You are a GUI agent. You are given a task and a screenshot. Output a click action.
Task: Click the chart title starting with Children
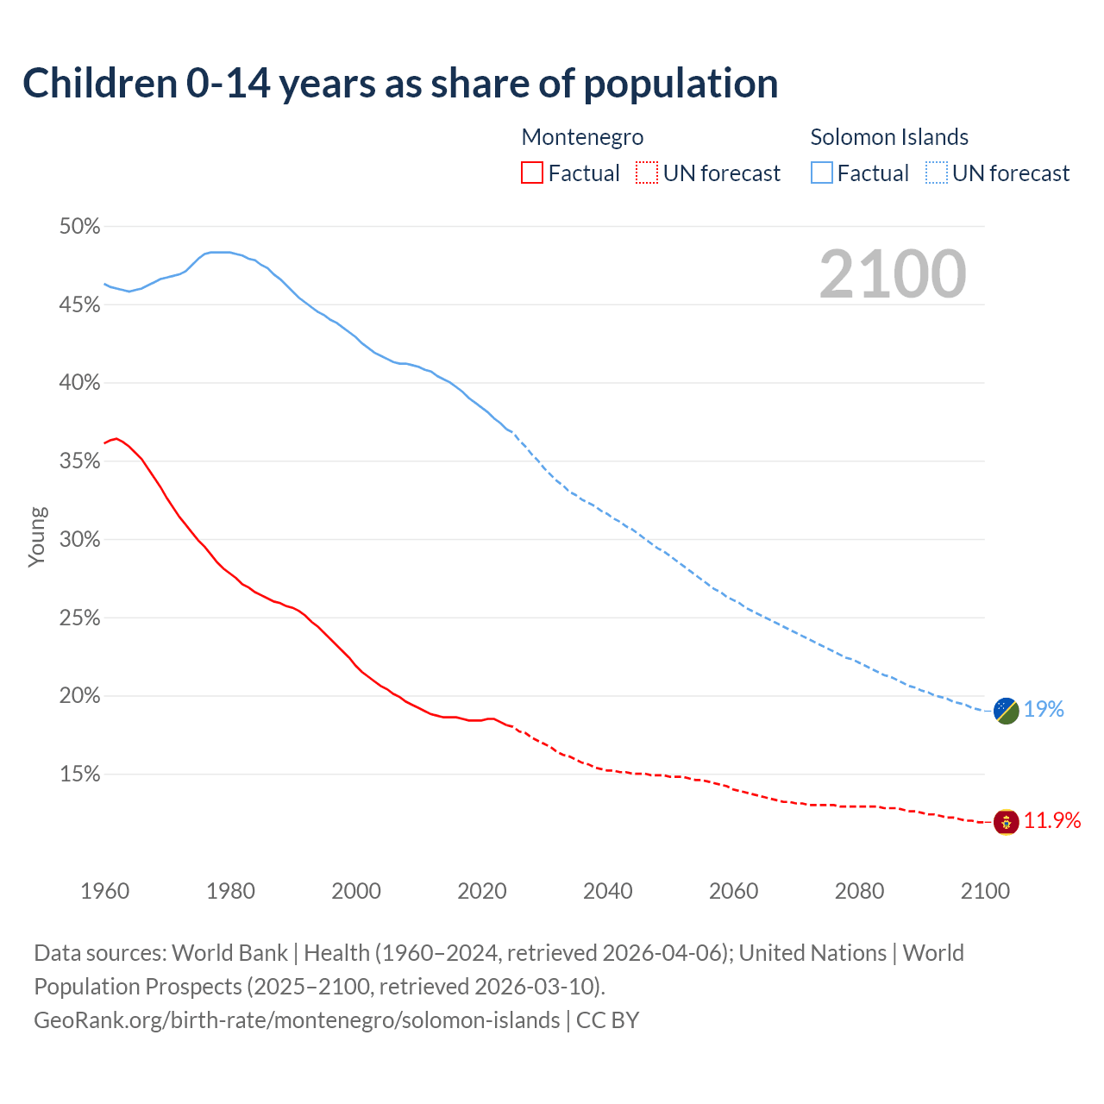point(400,84)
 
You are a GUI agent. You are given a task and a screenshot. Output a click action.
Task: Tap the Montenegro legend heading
point(582,137)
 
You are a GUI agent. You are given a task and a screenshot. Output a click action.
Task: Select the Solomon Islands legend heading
point(889,137)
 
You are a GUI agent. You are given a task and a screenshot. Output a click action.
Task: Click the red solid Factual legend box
point(532,173)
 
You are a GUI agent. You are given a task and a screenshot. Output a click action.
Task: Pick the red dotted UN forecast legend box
point(647,173)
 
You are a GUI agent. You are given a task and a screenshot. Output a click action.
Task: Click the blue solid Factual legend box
point(822,173)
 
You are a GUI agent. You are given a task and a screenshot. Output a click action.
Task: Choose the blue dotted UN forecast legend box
point(937,173)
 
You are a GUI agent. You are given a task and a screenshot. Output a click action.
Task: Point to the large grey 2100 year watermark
point(893,274)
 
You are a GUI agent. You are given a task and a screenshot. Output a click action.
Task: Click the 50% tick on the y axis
point(79,227)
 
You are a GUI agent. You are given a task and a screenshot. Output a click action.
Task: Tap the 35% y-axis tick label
point(79,461)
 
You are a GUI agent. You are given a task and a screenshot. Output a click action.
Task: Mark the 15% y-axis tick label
point(79,775)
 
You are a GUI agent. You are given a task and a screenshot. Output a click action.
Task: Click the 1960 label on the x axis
point(105,891)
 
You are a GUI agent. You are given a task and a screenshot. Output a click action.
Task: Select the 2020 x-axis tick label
point(482,891)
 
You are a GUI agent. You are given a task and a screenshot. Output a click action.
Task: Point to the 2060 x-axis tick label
point(733,891)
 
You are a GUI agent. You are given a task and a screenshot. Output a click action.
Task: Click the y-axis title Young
point(37,536)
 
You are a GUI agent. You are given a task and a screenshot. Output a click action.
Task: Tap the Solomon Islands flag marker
point(1006,711)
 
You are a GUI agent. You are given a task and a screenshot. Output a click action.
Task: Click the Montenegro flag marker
point(1006,822)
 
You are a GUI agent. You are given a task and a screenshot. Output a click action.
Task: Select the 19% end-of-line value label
point(1044,710)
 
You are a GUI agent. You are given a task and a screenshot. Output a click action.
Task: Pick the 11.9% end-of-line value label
point(1052,821)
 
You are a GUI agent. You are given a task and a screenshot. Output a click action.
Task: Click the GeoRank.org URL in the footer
point(297,1020)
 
